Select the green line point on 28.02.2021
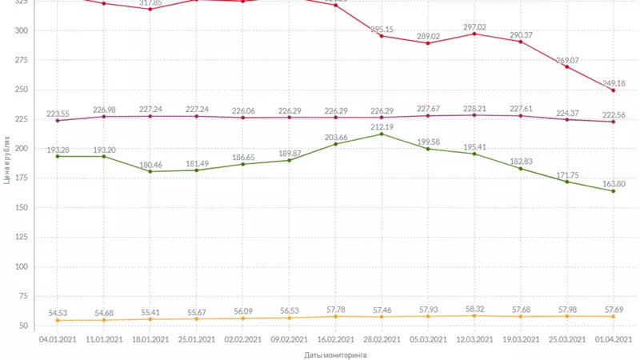pos(382,134)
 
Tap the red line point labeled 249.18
pos(614,90)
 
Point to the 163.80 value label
pos(614,183)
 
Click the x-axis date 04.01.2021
pos(57,339)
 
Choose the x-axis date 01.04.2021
pos(614,339)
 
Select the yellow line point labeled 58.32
pos(474,315)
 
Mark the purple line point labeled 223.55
pos(57,121)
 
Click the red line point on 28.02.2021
pos(382,36)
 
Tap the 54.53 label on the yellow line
pos(57,312)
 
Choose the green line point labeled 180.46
pos(150,171)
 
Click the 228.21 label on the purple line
pos(474,107)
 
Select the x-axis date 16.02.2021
pos(335,339)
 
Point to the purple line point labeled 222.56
pos(614,122)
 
